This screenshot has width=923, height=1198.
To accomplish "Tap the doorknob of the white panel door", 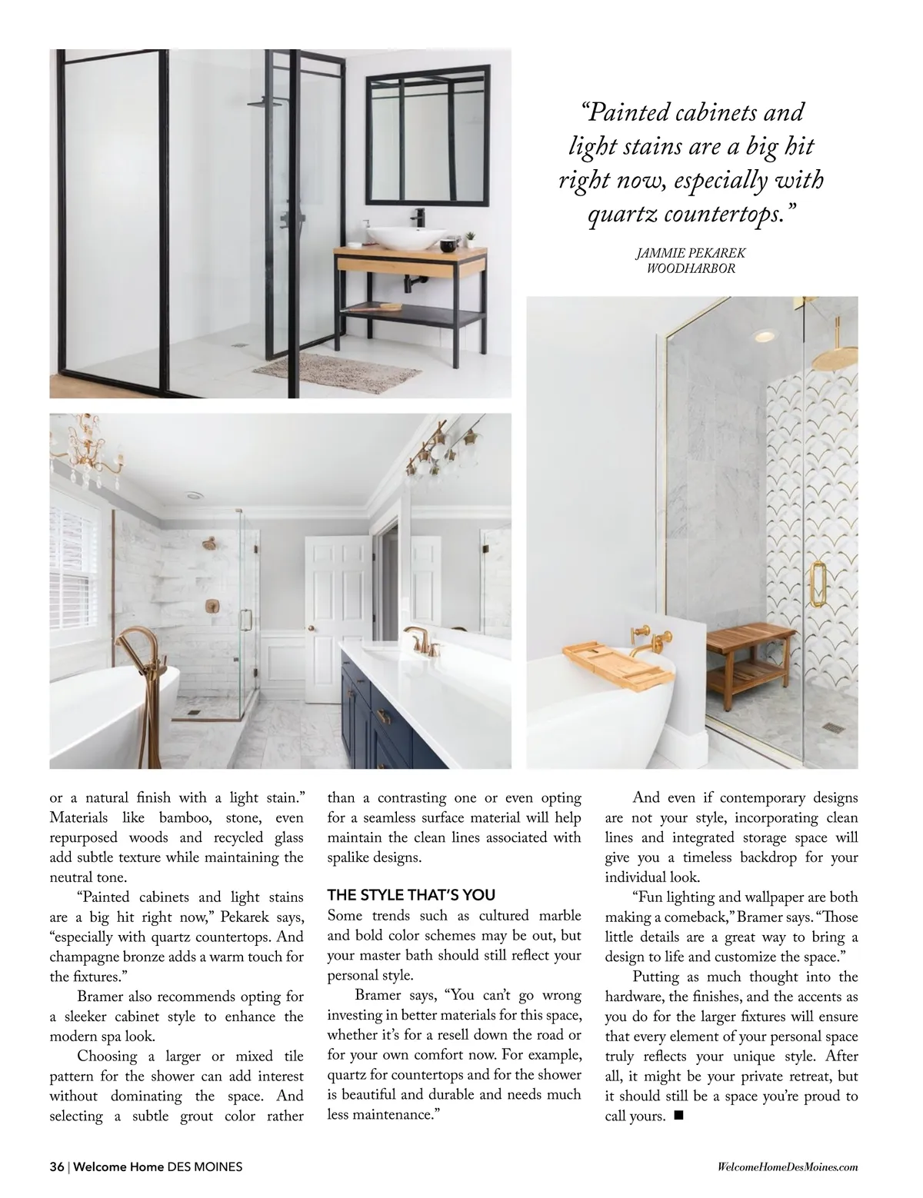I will pyautogui.click(x=311, y=627).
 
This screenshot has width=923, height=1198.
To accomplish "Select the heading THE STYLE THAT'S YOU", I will pyautogui.click(x=412, y=895).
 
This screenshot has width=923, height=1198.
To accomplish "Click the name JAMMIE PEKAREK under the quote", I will pyautogui.click(x=691, y=253).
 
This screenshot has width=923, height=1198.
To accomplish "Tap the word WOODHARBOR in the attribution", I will pyautogui.click(x=691, y=268).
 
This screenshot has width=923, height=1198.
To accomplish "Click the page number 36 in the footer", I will pyautogui.click(x=57, y=1166).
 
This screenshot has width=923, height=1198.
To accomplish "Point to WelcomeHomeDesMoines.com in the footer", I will pyautogui.click(x=786, y=1166).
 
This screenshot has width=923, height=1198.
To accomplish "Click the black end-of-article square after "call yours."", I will pyautogui.click(x=678, y=1116).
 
